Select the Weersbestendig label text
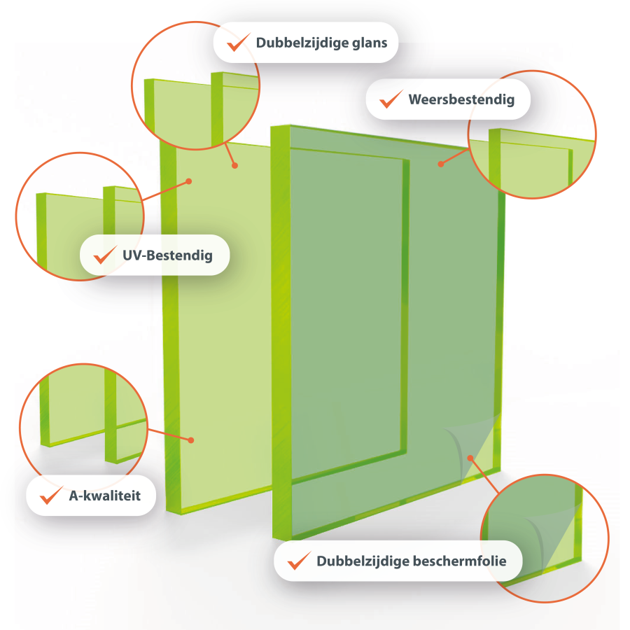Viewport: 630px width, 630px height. pyautogui.click(x=461, y=99)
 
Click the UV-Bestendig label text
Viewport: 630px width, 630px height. pyautogui.click(x=167, y=255)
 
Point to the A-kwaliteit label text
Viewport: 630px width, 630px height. pyautogui.click(x=105, y=496)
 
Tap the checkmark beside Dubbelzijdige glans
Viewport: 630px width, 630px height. pyautogui.click(x=239, y=42)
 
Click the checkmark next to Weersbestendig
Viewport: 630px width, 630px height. pyautogui.click(x=391, y=99)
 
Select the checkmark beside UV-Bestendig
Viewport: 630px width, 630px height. pyautogui.click(x=105, y=255)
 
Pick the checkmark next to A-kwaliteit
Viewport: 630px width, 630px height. pyautogui.click(x=51, y=495)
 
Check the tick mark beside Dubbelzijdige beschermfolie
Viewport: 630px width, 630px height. pyautogui.click(x=300, y=561)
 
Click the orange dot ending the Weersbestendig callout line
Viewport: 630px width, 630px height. pyautogui.click(x=441, y=164)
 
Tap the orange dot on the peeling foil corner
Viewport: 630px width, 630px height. pyautogui.click(x=470, y=458)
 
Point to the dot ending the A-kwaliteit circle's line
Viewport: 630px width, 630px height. pyautogui.click(x=191, y=440)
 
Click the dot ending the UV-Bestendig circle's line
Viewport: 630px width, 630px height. pyautogui.click(x=189, y=181)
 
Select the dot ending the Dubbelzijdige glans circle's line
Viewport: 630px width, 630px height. pyautogui.click(x=235, y=165)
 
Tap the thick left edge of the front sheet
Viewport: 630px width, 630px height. pyautogui.click(x=281, y=333)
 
